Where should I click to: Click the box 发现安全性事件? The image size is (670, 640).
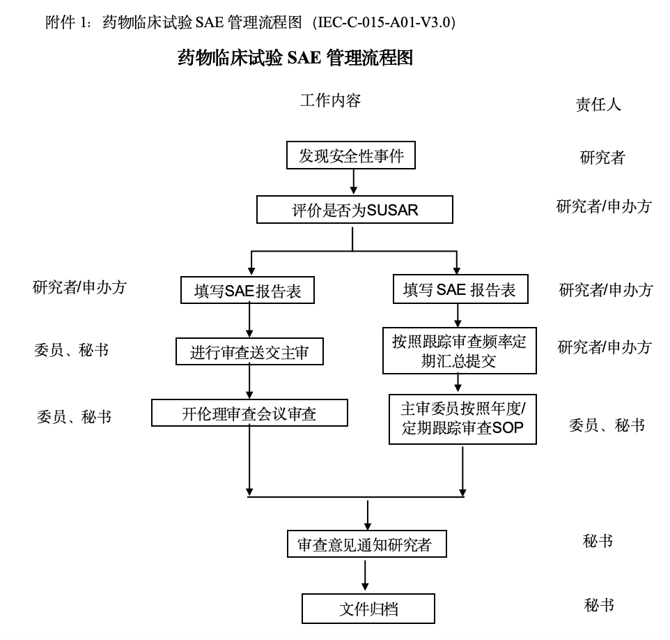pos(351,155)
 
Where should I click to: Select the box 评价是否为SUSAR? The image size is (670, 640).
pos(355,210)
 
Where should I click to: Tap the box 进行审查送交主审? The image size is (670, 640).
pos(249,353)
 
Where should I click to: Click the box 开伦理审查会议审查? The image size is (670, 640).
pos(249,413)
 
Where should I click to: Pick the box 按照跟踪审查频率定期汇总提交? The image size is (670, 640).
pos(459,351)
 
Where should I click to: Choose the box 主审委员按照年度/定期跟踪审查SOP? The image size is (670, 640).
pos(463,418)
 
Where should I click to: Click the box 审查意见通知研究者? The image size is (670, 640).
pos(366,544)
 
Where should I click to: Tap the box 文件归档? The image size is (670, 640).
pos(368,609)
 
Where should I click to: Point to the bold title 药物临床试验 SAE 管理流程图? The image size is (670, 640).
pos(295,58)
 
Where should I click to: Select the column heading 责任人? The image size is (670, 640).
pos(598,105)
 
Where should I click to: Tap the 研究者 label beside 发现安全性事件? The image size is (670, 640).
pos(602,158)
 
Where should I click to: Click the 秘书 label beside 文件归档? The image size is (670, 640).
pos(599,605)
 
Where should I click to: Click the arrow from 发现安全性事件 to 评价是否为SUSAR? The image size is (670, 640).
pos(354,182)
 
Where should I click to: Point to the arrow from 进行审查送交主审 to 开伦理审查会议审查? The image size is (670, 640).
pos(249,382)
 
